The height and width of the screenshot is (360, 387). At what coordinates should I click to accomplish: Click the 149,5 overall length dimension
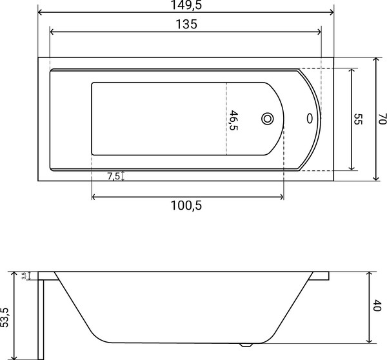[185, 6]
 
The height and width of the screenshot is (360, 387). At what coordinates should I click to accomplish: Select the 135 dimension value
[185, 25]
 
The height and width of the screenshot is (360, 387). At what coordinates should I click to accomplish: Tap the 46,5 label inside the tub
[234, 121]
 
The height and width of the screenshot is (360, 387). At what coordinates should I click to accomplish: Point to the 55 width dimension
[358, 119]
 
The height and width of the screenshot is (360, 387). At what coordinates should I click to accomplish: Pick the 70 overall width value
[381, 119]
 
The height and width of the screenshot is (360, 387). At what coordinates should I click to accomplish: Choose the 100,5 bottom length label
[187, 206]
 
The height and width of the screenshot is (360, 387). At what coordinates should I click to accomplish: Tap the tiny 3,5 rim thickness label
[24, 276]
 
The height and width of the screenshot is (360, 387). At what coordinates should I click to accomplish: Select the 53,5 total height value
[6, 317]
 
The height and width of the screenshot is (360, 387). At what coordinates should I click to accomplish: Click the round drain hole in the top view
[268, 119]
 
